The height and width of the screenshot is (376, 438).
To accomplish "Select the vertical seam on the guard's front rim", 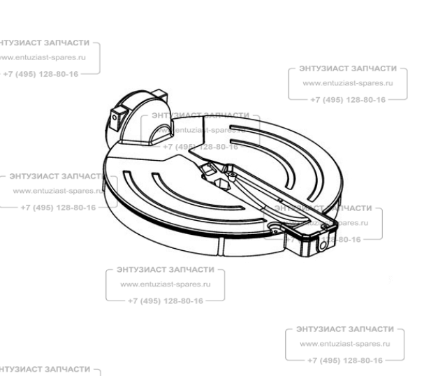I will coord(220,247).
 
